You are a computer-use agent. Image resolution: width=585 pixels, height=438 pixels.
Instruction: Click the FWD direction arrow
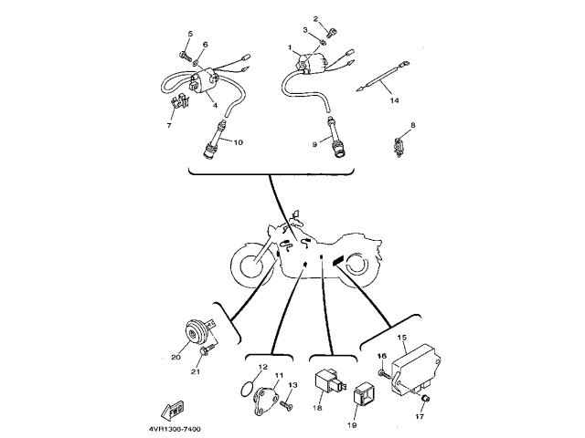point(173,410)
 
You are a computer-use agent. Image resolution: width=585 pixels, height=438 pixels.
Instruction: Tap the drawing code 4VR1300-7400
point(175,430)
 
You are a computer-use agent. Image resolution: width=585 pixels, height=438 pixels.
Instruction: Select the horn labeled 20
point(197,331)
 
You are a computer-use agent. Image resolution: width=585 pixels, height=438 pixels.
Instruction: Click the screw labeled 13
point(286,404)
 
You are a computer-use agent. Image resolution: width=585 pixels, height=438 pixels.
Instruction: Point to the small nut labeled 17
point(425,400)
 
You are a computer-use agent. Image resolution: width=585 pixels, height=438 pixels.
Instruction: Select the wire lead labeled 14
point(383,78)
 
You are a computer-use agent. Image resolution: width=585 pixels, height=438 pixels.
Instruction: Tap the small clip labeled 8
point(399,147)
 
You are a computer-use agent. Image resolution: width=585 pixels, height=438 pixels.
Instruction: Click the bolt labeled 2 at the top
point(330,34)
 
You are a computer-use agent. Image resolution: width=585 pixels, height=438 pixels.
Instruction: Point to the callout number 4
point(216,106)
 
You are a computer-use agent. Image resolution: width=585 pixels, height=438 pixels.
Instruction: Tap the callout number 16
point(382,357)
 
